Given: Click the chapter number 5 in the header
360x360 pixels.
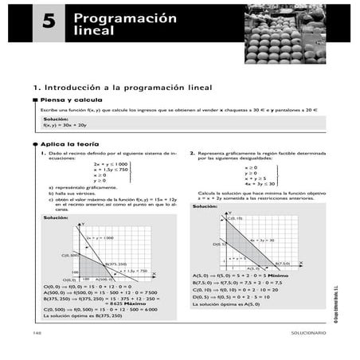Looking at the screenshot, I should [x=49, y=24].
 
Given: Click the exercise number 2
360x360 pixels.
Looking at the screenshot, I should [x=192, y=151].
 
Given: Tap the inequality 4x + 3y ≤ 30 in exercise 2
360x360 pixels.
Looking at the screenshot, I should [x=260, y=184].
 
